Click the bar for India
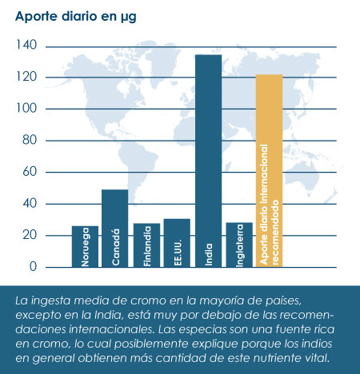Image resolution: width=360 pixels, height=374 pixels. tap(209, 161)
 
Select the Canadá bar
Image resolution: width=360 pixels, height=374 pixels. tap(115, 229)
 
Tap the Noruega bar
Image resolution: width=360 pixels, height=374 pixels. tap(85, 246)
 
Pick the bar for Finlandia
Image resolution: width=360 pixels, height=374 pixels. tap(146, 245)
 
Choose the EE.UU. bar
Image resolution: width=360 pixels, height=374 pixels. tap(177, 243)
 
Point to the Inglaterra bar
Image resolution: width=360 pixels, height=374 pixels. tap(239, 245)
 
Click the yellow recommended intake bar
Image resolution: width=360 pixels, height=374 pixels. tap(269, 171)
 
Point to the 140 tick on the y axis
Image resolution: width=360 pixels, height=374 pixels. tap(26, 45)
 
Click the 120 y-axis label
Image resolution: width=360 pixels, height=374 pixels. tap(26, 77)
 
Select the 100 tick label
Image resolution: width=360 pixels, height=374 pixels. tap(26, 109)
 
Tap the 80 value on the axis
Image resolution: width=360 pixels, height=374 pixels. tap(30, 140)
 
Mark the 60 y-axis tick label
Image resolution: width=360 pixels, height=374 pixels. tap(30, 172)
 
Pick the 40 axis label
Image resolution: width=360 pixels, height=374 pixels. tap(30, 204)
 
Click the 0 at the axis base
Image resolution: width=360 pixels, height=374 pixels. tap(33, 266)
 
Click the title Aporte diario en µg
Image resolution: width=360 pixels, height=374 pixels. tap(76, 17)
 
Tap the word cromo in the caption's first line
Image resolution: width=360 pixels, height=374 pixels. tap(147, 300)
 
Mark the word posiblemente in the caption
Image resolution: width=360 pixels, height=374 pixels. tap(151, 344)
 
